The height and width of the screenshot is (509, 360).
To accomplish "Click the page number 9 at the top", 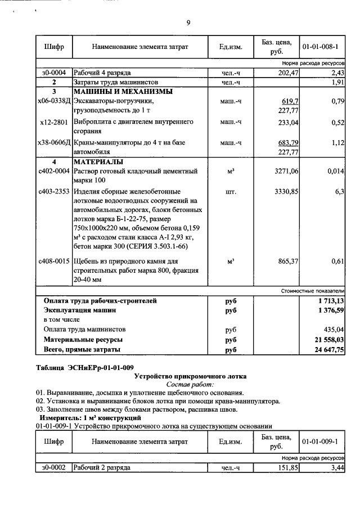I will (x=188, y=22).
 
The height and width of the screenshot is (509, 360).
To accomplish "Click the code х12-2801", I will (x=54, y=121).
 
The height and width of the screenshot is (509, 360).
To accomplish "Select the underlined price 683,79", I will (x=287, y=143).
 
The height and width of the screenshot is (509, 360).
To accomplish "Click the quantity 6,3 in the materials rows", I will (x=339, y=192).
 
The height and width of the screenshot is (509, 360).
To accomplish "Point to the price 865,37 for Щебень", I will (x=287, y=261).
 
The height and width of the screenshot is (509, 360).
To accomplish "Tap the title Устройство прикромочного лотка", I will (x=190, y=376).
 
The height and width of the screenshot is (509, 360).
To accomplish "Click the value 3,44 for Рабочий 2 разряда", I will (x=337, y=468).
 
